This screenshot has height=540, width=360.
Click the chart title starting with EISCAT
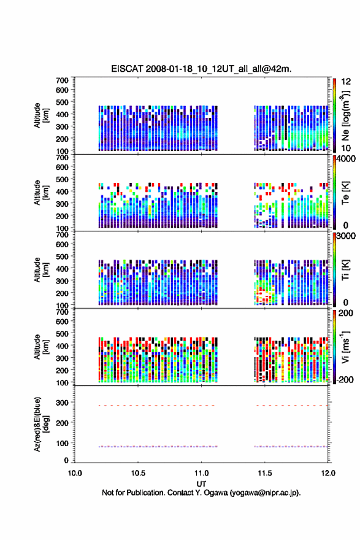[201, 69]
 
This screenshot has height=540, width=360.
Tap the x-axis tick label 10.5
[138, 473]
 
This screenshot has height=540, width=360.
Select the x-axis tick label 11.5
[265, 473]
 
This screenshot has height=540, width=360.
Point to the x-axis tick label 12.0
[328, 473]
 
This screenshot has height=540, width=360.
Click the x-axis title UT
[201, 484]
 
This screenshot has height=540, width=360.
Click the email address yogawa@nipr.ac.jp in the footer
[265, 493]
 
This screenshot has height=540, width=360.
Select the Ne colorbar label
[345, 116]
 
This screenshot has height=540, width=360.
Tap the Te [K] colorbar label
[345, 193]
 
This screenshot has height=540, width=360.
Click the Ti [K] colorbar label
[345, 269]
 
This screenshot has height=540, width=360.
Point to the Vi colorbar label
[345, 347]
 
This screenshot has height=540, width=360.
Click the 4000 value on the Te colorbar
[346, 159]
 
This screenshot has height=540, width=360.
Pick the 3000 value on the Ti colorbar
[346, 236]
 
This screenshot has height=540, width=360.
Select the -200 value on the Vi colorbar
[345, 379]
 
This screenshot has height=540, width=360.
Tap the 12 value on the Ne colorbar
[346, 82]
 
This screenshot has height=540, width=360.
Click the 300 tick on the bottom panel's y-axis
[63, 403]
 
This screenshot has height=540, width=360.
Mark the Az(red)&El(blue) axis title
[41, 424]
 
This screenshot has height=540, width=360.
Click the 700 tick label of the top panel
[63, 80]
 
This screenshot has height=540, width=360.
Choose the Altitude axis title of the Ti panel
[41, 269]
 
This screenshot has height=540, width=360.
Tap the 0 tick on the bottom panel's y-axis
[66, 460]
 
